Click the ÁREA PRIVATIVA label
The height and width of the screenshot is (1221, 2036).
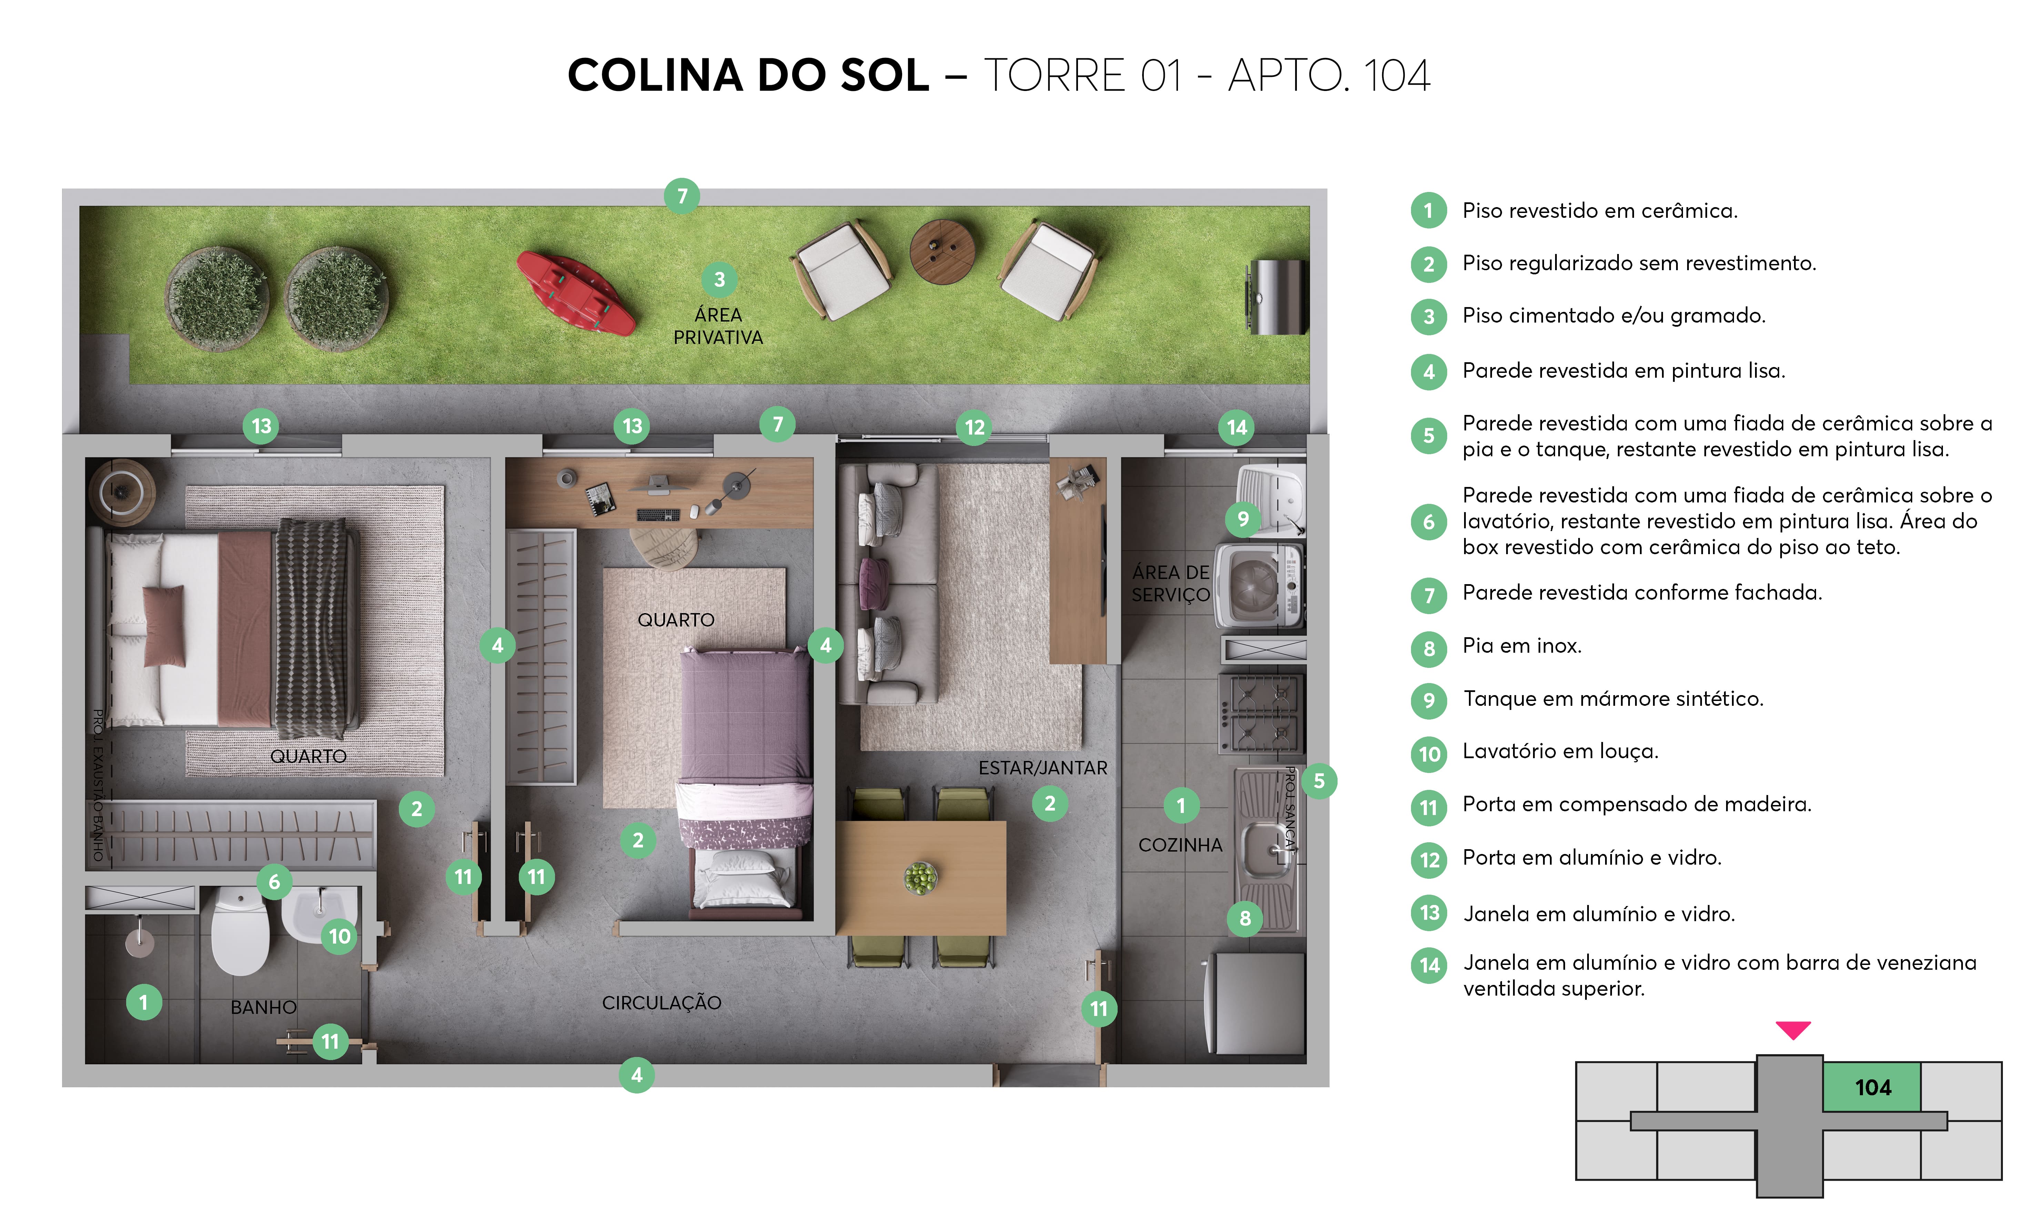pyautogui.click(x=718, y=326)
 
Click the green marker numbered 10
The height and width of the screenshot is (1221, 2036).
pyautogui.click(x=339, y=936)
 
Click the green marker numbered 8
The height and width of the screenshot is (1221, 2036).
pyautogui.click(x=1244, y=918)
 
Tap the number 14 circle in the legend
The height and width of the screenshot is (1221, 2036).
pyautogui.click(x=1429, y=965)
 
